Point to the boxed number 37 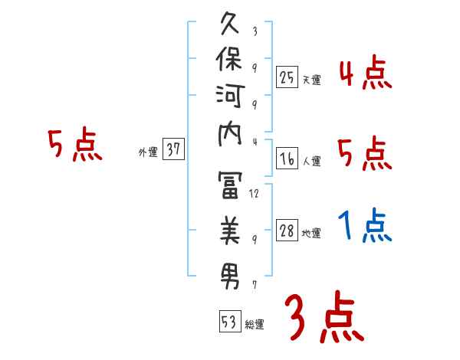point(174,150)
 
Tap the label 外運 point(148,152)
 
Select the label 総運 point(255,324)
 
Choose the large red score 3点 point(324,318)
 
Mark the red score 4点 point(365,74)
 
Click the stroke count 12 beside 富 point(255,193)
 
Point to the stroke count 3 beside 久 point(255,32)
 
